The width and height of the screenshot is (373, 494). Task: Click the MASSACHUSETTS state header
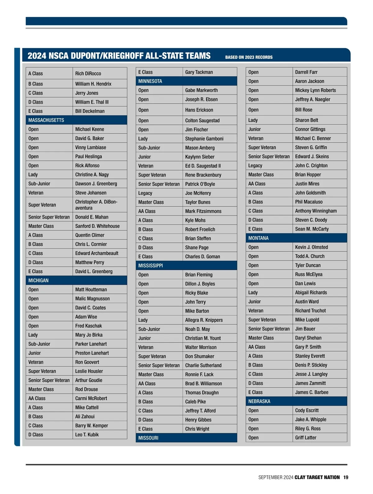46,120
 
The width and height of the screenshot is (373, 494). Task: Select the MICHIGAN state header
39,280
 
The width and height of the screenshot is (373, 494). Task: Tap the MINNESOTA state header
150,81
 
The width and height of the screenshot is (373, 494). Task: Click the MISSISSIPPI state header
151,265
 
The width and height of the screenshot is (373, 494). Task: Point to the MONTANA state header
258,238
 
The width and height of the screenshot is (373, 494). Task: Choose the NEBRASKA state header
259,401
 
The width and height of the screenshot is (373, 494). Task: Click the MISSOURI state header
148,438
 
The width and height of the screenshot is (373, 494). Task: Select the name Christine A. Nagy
92,175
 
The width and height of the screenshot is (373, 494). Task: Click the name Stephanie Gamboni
204,139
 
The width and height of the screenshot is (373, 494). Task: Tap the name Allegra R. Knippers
204,320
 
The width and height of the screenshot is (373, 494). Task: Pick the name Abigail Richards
311,292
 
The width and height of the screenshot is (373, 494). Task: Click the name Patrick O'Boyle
200,184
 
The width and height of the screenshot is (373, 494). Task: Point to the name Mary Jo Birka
89,335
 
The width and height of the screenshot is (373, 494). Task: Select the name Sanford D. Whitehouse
97,226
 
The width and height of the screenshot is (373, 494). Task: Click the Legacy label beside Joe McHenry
145,193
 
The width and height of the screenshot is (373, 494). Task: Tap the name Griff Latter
306,437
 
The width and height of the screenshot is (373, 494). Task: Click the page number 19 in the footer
346,477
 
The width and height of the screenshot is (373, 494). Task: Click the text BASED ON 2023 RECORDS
249,57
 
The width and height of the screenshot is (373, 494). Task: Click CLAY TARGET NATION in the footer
317,477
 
